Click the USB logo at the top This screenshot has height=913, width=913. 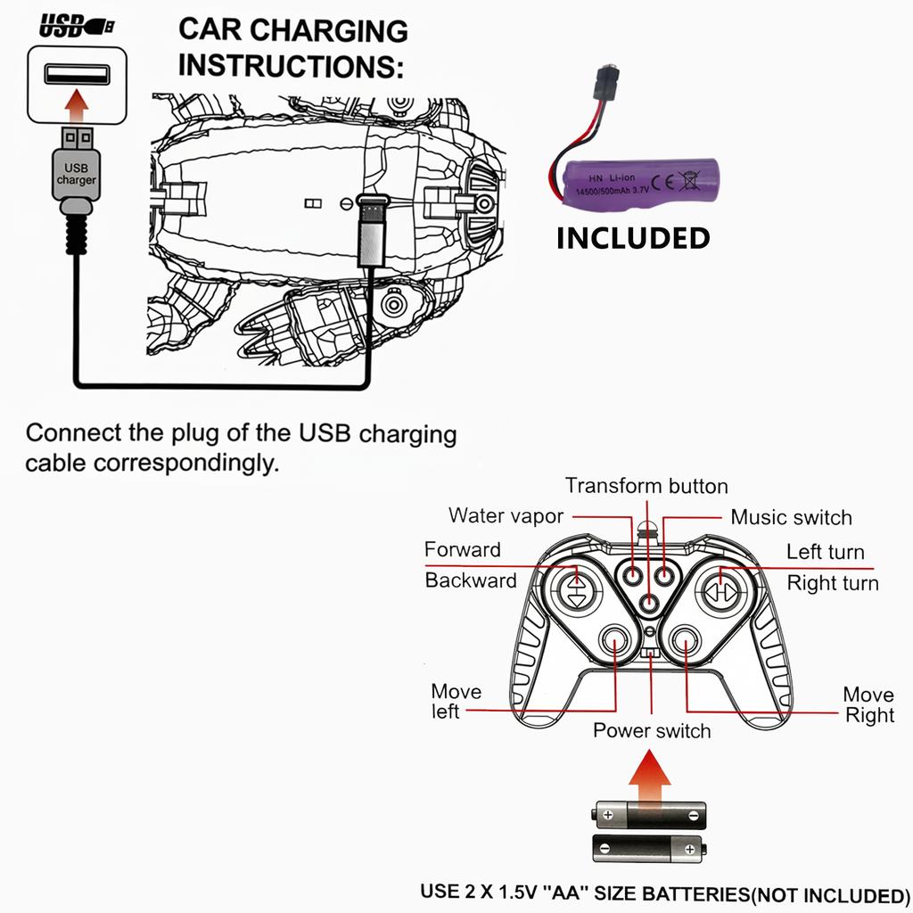click(76, 27)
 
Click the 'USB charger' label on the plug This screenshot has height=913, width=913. click(77, 173)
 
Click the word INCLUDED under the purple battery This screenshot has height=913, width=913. click(633, 238)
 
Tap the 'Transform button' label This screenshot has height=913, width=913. click(646, 486)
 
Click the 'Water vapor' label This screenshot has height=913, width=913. click(506, 515)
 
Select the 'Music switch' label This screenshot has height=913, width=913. click(791, 517)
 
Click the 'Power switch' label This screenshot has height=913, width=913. click(652, 731)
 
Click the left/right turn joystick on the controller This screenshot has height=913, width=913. click(720, 589)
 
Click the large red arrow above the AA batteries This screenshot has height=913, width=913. click(650, 777)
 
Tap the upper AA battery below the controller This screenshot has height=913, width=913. click(650, 814)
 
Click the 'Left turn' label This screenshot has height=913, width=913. click(825, 552)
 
